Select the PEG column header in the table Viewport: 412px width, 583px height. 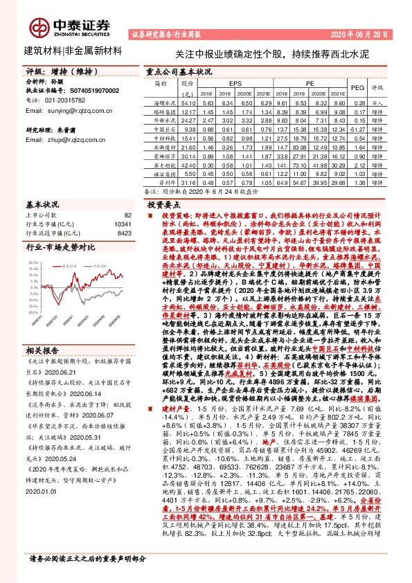coord(357,89)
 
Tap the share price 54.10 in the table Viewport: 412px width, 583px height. coord(188,101)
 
